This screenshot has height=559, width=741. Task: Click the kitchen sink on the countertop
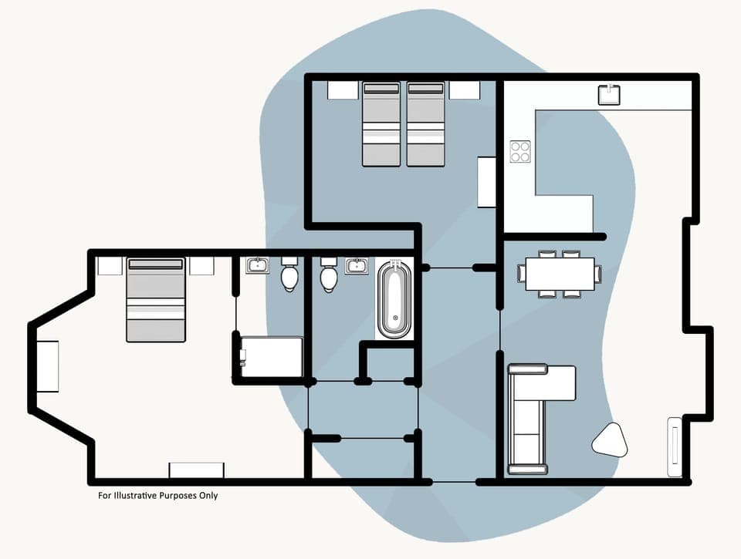[610, 94]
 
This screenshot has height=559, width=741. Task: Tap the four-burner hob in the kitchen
[520, 151]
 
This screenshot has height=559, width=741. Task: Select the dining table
[560, 274]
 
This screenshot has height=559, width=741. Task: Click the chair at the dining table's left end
[522, 274]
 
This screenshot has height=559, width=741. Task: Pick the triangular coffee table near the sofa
[610, 440]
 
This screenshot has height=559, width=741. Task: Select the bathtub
[394, 300]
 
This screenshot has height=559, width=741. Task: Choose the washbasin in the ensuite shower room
[257, 266]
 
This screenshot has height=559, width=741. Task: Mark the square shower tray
[271, 357]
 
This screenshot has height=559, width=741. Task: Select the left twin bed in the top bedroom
[381, 124]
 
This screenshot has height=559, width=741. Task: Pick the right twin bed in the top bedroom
[426, 124]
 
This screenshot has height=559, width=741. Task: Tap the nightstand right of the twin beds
[465, 90]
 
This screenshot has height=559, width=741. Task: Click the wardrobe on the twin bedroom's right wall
[486, 182]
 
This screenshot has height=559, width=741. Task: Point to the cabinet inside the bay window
[48, 365]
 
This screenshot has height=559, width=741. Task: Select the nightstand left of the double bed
[110, 265]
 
